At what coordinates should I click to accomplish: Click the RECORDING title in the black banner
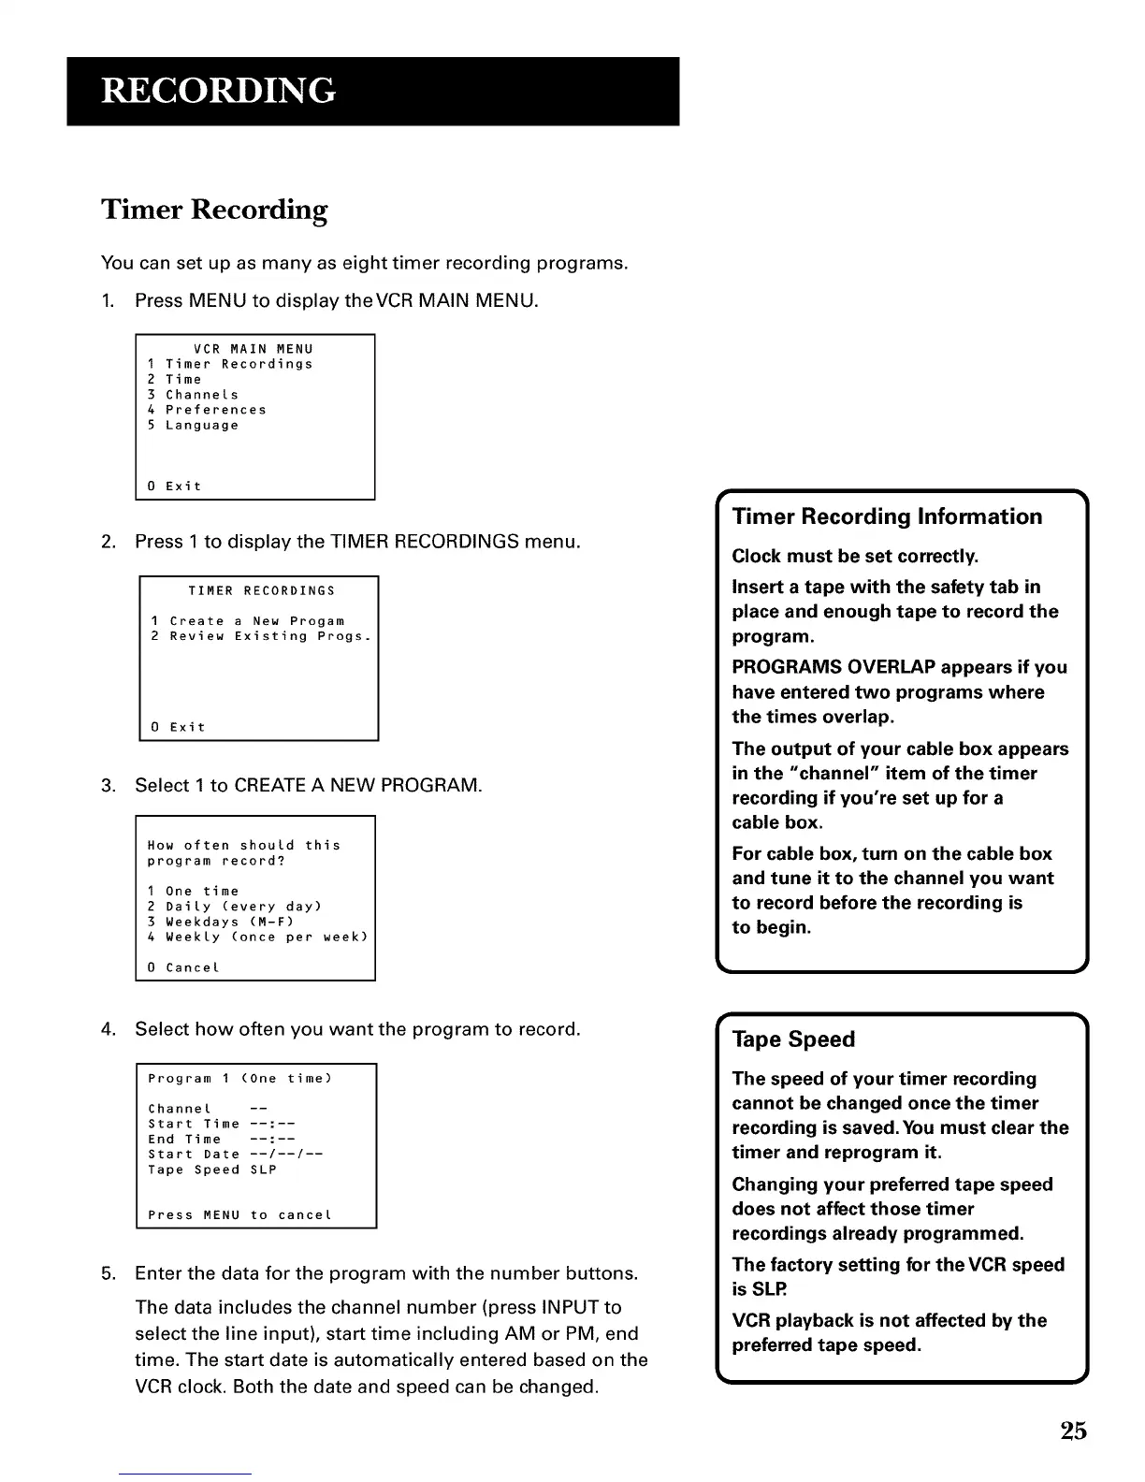coord(218,91)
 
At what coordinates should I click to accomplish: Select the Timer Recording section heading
coord(214,210)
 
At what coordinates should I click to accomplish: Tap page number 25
coord(1073,1431)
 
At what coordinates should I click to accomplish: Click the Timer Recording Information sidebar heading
coord(887,516)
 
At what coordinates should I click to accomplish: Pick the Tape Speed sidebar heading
coord(793,1039)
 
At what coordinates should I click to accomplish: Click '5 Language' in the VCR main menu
coord(194,426)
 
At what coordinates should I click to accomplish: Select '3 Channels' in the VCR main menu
coord(194,395)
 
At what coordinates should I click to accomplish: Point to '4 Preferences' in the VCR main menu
coord(207,410)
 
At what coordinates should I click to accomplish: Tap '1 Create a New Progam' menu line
coord(248,621)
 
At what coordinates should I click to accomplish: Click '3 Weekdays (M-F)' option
coord(221,922)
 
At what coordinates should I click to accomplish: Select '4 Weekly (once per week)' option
coord(257,937)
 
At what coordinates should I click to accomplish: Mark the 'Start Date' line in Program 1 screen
coord(236,1155)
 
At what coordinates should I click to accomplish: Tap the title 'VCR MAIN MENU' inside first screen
coord(254,349)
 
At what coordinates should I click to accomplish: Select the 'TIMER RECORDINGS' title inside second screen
coord(261,591)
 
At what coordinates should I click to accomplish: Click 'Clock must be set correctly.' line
coord(855,557)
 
